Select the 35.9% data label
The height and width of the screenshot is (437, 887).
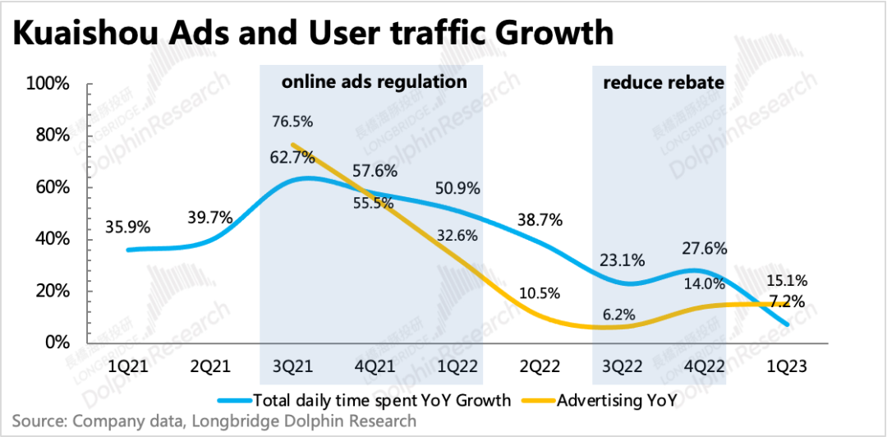[128, 228]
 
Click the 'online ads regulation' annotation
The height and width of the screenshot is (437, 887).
[375, 82]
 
